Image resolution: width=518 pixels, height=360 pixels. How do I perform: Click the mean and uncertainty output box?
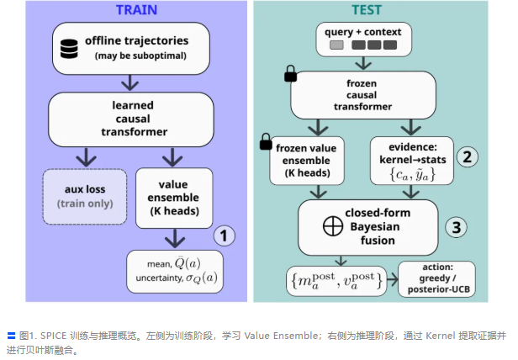(175, 271)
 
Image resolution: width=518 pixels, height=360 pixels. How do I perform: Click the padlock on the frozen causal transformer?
(290, 77)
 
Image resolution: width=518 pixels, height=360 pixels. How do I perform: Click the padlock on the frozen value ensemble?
(265, 140)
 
